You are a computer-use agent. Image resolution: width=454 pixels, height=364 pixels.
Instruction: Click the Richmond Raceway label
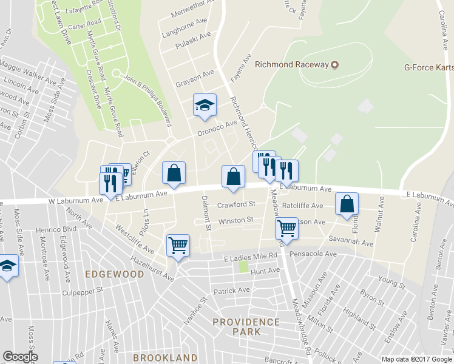[292, 64]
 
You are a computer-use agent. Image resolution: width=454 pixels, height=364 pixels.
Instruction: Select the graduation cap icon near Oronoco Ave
[205, 106]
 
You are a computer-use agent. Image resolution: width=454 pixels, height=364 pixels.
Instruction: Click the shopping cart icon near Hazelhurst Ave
[178, 245]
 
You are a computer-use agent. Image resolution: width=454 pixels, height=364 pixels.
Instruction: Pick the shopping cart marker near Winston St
[286, 228]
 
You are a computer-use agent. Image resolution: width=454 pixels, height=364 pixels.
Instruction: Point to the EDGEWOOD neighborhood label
[115, 274]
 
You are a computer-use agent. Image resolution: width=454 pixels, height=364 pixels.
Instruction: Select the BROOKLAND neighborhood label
[165, 358]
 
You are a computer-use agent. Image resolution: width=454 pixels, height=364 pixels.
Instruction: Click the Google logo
[20, 357]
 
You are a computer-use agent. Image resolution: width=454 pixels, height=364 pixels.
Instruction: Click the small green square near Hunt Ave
[244, 266]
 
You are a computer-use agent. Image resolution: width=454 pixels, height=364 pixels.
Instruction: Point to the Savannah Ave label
[351, 242]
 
